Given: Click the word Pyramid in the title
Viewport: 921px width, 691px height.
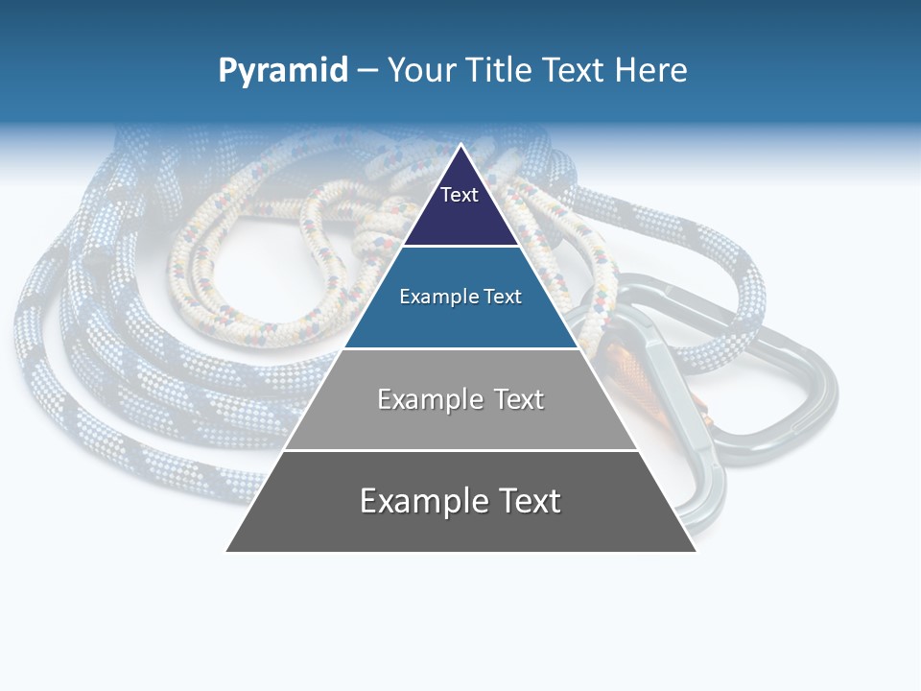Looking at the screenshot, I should [x=282, y=71].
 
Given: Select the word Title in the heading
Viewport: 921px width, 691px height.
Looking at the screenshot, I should [x=496, y=70].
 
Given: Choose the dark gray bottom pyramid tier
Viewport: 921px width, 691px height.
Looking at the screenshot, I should [x=460, y=528].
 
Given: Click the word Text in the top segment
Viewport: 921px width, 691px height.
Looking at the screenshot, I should [x=459, y=195].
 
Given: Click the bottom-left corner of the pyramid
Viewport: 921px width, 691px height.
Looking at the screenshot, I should [x=226, y=551].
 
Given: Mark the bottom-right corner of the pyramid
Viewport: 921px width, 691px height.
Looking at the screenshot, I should [x=696, y=551].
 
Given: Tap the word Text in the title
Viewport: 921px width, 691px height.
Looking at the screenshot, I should [x=573, y=70].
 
